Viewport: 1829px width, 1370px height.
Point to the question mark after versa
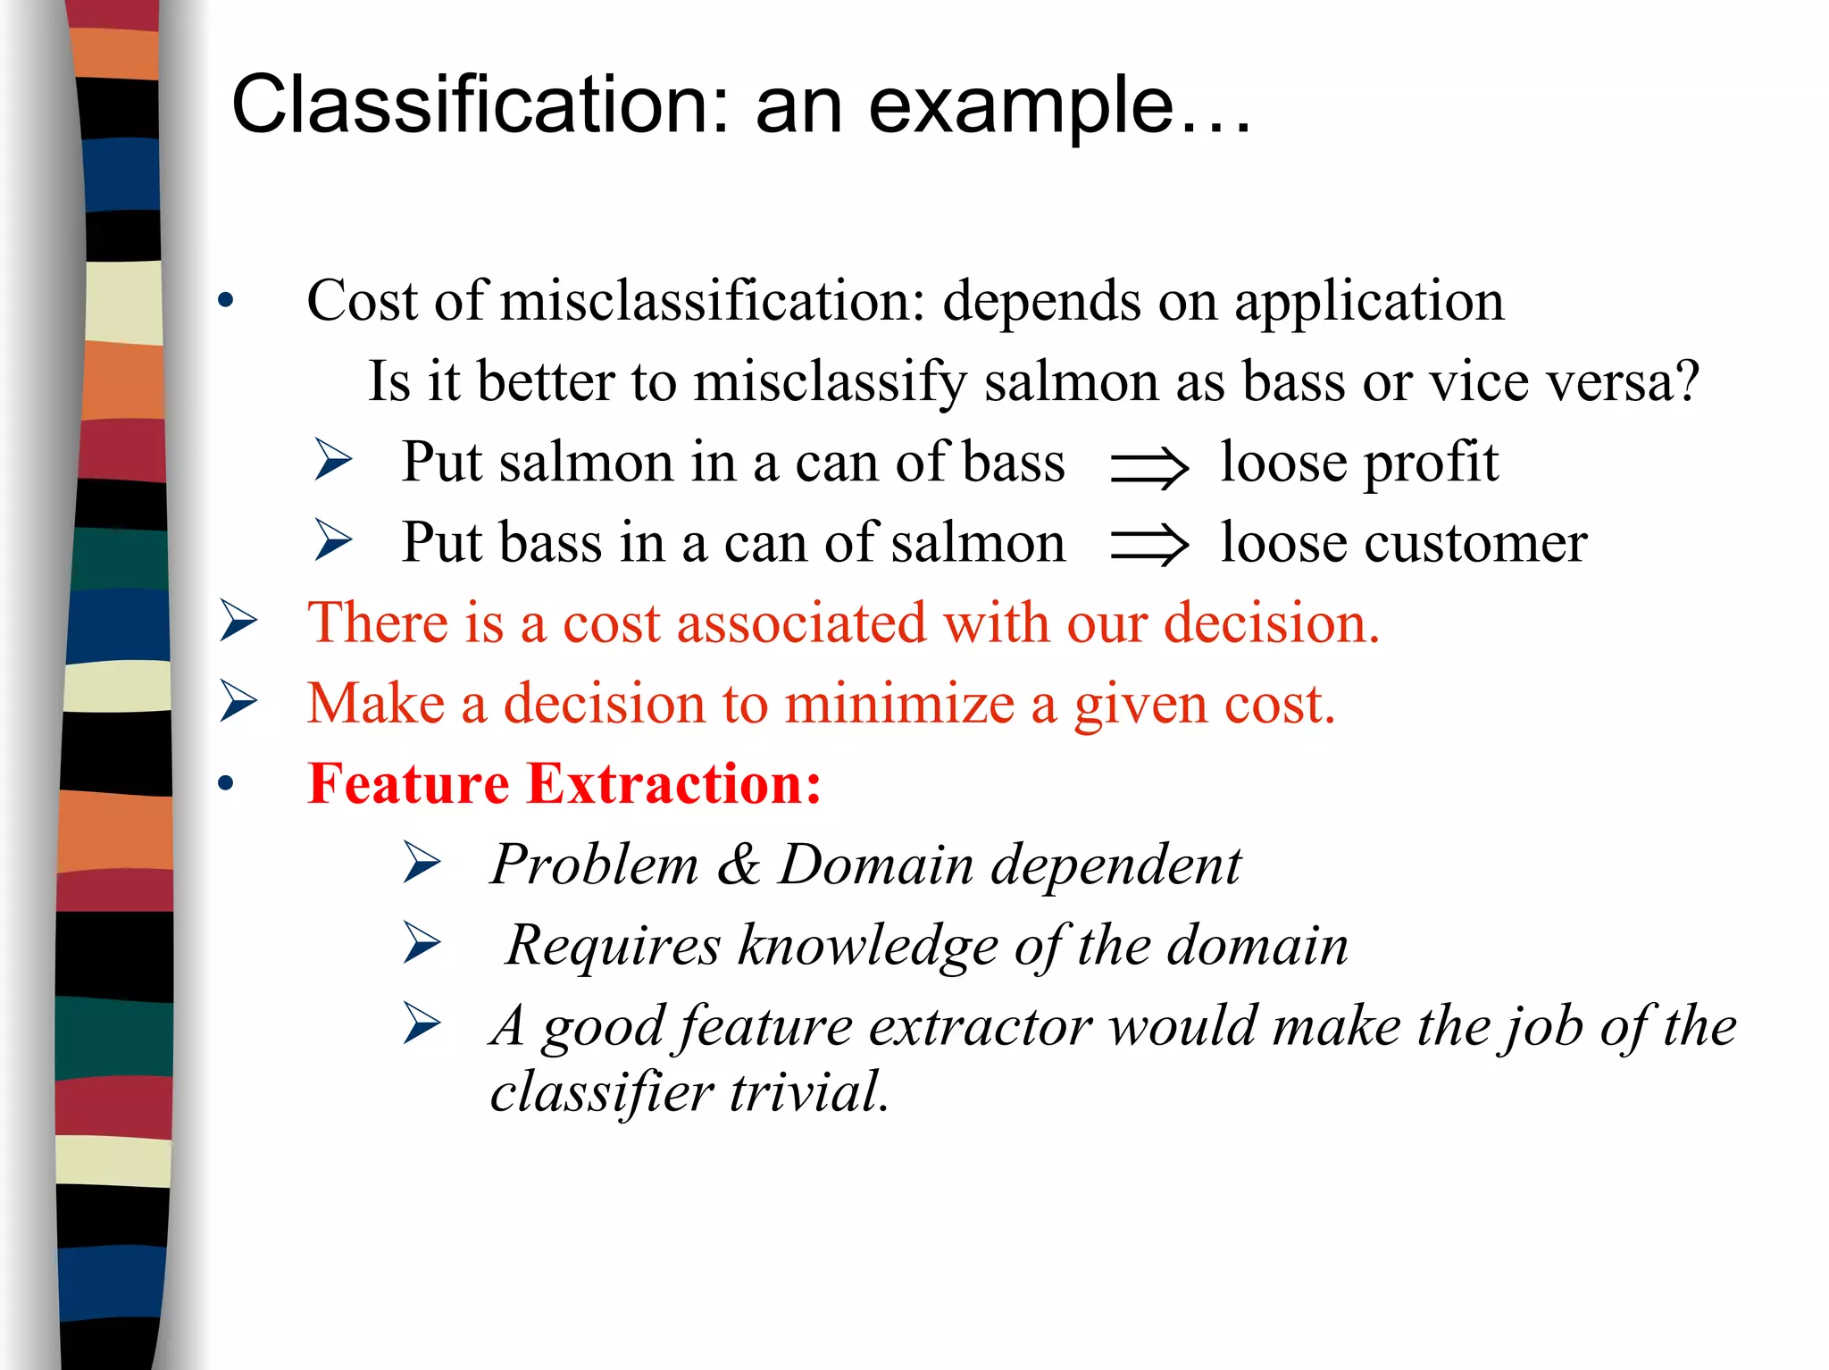click(1687, 381)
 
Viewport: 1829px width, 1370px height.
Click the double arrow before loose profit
click(1148, 467)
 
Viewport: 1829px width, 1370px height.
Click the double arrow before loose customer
click(1148, 546)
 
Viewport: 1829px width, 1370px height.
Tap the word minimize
click(899, 703)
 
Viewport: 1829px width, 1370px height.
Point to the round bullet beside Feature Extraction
click(226, 784)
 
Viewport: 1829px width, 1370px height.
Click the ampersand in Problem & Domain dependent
click(739, 864)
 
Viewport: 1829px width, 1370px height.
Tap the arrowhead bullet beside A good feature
click(422, 1023)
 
